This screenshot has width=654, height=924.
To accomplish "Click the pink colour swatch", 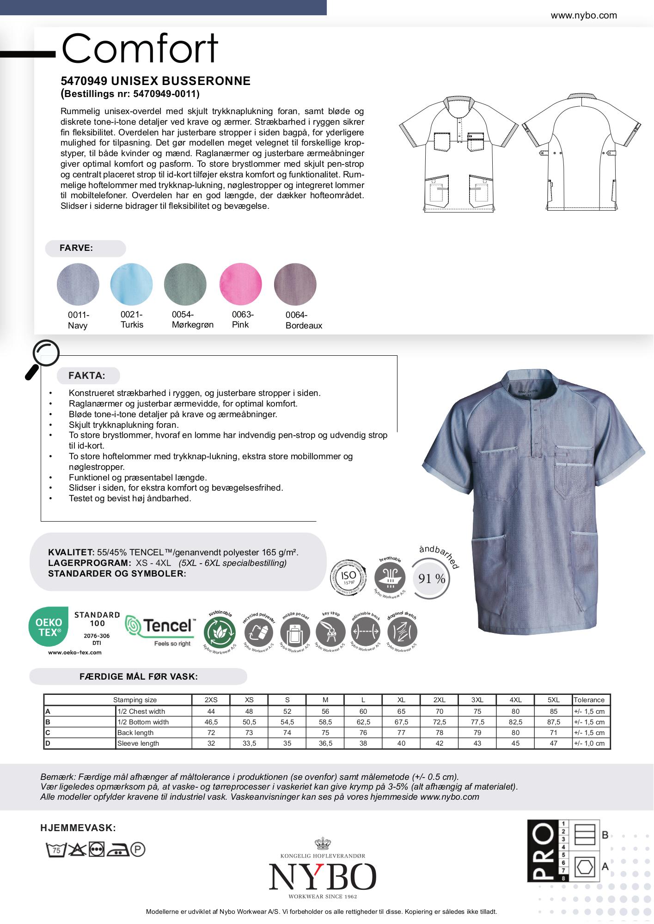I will coord(240,284).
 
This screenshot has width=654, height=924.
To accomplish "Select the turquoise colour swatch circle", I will coord(131,284).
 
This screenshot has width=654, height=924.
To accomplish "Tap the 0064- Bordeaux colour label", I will coord(304,320).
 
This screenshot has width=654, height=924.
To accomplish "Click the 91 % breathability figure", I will coord(432,578).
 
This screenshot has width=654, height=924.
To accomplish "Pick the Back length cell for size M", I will coord(325,733).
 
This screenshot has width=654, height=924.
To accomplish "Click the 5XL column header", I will coord(553,700).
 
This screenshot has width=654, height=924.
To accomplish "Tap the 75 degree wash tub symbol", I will coord(55,850).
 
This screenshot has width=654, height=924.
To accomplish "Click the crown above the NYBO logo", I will coord(323,843).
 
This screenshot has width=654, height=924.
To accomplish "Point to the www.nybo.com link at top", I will coord(584,15).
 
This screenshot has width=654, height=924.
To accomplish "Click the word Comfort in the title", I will coord(140,48).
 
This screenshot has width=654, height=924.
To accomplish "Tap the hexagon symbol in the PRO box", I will coord(584,867).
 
